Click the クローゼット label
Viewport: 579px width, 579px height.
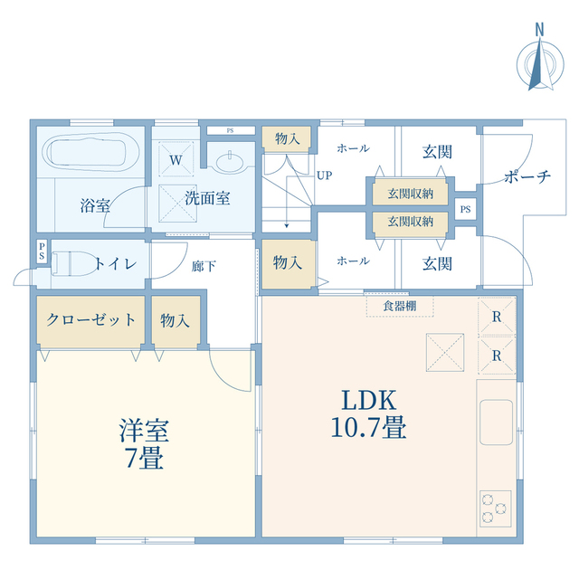(90, 319)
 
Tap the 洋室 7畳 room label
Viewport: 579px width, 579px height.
(142, 443)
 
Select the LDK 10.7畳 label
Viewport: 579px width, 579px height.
(372, 413)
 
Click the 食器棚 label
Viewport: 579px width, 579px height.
(399, 306)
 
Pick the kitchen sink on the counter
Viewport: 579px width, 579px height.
(495, 422)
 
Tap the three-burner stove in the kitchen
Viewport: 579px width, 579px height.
(495, 507)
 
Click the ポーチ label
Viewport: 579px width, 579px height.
(528, 176)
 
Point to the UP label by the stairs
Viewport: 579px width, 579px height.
(324, 176)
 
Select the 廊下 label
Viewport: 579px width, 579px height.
(204, 265)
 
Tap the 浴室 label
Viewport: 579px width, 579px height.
(95, 205)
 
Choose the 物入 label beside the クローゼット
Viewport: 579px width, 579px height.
(175, 319)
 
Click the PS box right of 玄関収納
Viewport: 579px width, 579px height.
(465, 210)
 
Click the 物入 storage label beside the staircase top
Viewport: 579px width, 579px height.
(288, 138)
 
